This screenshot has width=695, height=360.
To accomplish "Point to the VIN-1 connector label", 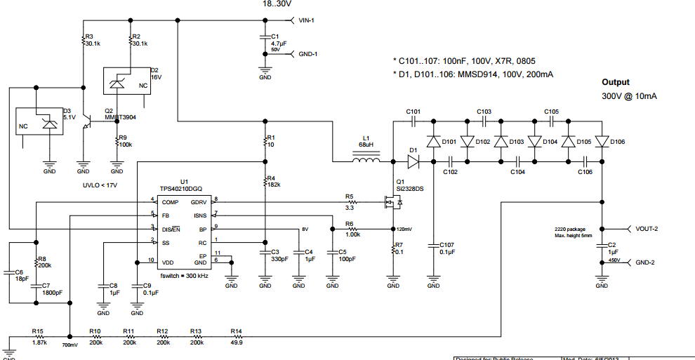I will pyautogui.click(x=306, y=20).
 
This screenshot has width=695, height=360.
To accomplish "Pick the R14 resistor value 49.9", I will pyautogui.click(x=236, y=342).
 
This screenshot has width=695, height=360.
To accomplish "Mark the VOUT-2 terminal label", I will pyautogui.click(x=650, y=229).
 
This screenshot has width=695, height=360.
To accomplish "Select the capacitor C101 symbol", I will pyautogui.click(x=413, y=121).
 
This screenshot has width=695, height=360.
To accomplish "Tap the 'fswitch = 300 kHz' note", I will pyautogui.click(x=185, y=274).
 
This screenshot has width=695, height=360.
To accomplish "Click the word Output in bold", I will pyautogui.click(x=616, y=82).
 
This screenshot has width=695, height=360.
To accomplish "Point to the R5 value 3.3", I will pyautogui.click(x=350, y=208).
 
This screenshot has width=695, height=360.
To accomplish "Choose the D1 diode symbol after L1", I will pyautogui.click(x=413, y=161).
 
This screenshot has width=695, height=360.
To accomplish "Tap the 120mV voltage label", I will pyautogui.click(x=404, y=229).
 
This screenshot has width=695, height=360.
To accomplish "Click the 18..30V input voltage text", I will pyautogui.click(x=278, y=4).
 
